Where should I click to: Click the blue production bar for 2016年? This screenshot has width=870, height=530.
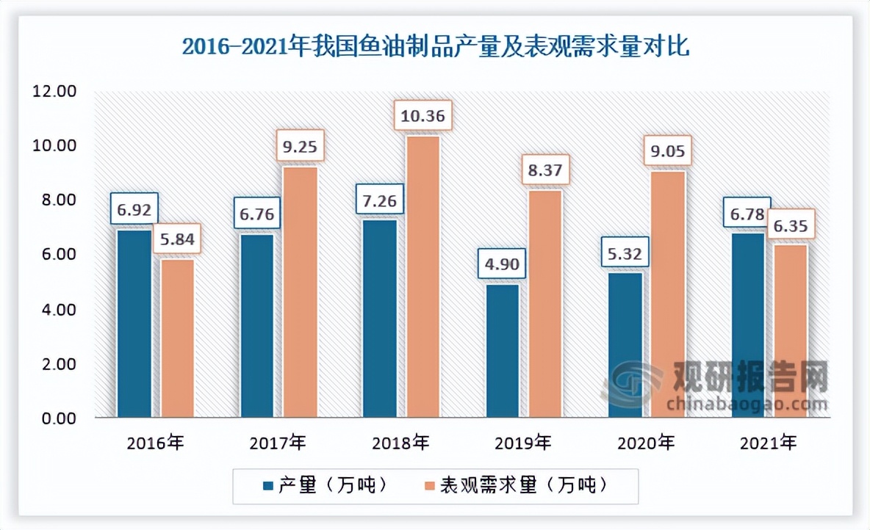coord(134,324)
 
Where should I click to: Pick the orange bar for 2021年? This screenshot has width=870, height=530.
coord(792,331)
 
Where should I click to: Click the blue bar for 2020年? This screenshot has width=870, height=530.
coord(625,345)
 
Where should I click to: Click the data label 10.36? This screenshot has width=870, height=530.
coord(423,117)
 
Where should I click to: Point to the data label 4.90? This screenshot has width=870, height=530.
coord(503,265)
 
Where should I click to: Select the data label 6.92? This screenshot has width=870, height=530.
coord(135,210)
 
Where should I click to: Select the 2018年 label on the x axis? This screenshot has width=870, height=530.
coord(401,443)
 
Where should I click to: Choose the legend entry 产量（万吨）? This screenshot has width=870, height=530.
coord(323,485)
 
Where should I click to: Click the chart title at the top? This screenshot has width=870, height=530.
coord(435,48)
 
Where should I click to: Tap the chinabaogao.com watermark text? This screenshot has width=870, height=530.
coord(747,404)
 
